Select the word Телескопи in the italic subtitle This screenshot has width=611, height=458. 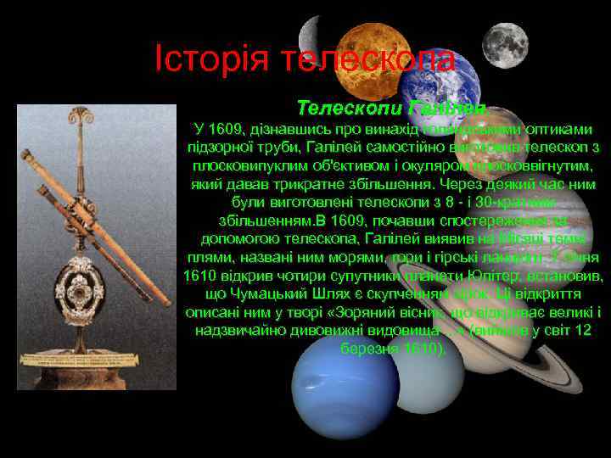350,109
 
